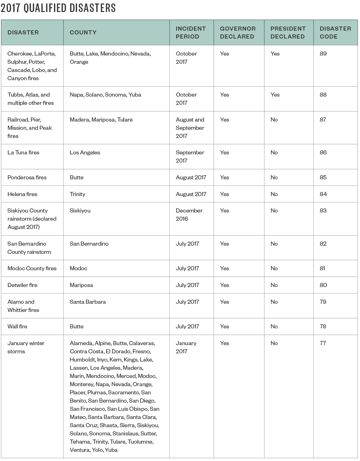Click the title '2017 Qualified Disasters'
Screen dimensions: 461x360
click(58, 8)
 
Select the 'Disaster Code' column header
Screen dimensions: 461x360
click(335, 33)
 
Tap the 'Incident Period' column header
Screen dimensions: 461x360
click(190, 33)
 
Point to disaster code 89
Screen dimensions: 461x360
click(323, 54)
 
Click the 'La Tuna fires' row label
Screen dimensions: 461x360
click(23, 153)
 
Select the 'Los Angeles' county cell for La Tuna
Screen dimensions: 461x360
click(85, 153)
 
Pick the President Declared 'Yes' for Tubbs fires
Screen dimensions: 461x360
click(275, 95)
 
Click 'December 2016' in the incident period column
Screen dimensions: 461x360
click(189, 215)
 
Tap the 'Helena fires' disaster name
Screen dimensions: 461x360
click(22, 194)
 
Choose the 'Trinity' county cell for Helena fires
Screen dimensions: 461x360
click(77, 194)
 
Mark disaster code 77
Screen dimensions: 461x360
click(323, 343)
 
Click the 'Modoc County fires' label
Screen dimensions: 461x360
click(32, 268)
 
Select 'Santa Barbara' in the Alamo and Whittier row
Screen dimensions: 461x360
click(87, 302)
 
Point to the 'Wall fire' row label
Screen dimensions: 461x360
click(17, 326)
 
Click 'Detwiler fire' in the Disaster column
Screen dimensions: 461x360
click(22, 285)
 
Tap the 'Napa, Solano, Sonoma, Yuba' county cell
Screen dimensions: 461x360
click(105, 95)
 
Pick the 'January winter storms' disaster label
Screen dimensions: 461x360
click(26, 347)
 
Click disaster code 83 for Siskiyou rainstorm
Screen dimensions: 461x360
click(323, 211)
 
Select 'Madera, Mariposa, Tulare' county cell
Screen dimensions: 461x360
click(101, 120)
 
